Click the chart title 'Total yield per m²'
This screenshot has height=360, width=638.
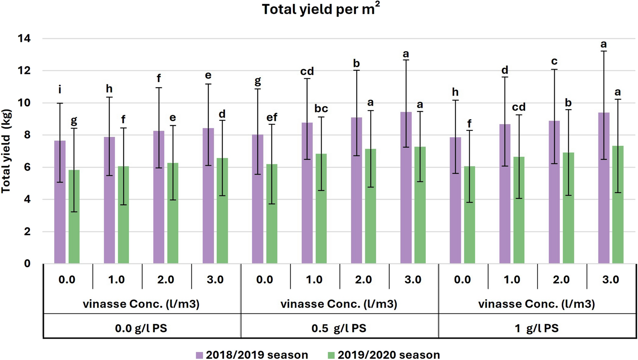pyautogui.click(x=320, y=9)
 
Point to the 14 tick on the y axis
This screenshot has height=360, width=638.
pyautogui.click(x=24, y=39)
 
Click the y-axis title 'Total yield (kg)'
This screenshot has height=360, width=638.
pyautogui.click(x=6, y=151)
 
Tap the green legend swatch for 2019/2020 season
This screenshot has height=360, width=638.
pyautogui.click(x=331, y=355)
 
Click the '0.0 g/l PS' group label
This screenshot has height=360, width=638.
pyautogui.click(x=141, y=328)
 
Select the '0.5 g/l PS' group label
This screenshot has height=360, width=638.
pyautogui.click(x=339, y=328)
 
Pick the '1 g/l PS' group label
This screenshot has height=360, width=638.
pyautogui.click(x=537, y=328)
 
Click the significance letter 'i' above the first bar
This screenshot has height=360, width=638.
pyautogui.click(x=60, y=89)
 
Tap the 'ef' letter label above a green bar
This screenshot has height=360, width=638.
pyautogui.click(x=272, y=117)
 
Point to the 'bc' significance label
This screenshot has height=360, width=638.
pyautogui.click(x=321, y=109)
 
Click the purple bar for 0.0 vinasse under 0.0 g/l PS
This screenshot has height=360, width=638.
pyautogui.click(x=60, y=202)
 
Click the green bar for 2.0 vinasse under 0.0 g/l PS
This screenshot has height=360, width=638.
pyautogui.click(x=173, y=213)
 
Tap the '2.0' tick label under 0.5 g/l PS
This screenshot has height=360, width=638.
pyautogui.click(x=363, y=280)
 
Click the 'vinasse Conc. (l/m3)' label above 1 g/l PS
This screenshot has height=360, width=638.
pyautogui.click(x=537, y=304)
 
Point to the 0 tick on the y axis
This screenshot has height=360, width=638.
pyautogui.click(x=27, y=264)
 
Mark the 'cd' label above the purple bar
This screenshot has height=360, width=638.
pyautogui.click(x=307, y=71)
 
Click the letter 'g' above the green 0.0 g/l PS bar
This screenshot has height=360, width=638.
pyautogui.click(x=74, y=120)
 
